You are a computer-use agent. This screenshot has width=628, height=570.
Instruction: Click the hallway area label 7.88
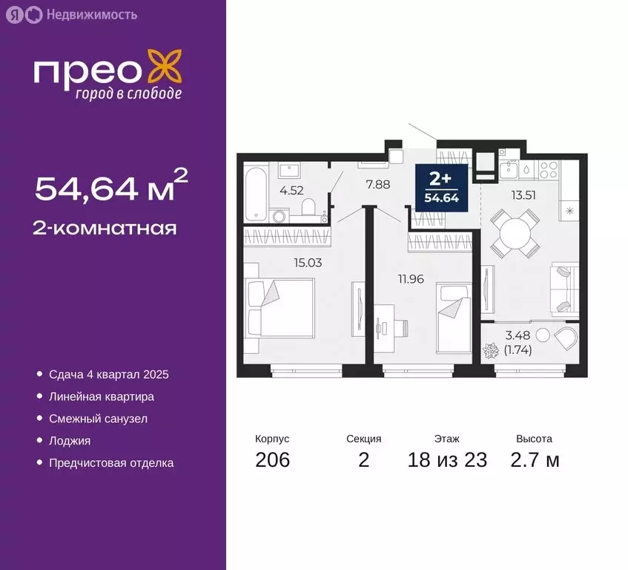click(x=377, y=185)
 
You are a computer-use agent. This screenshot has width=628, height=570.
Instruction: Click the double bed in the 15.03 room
click(x=281, y=307)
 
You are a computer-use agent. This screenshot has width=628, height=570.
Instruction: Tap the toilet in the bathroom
click(x=311, y=207)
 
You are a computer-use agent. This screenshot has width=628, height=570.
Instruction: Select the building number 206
click(x=272, y=460)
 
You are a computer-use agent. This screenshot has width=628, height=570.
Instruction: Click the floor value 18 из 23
click(x=447, y=460)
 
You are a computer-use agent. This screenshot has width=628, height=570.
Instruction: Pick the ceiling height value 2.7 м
click(x=535, y=460)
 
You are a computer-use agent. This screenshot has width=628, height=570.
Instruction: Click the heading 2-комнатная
click(x=105, y=228)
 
